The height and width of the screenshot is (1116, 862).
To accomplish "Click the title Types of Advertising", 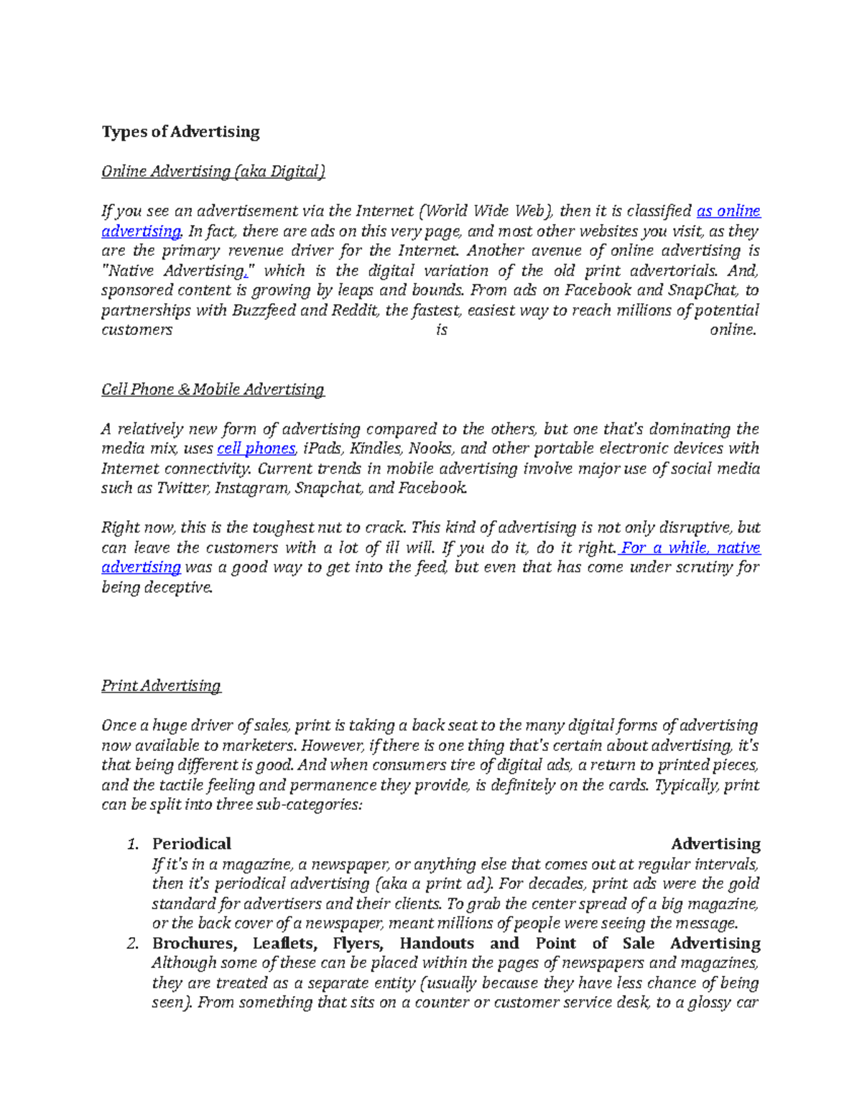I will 180,132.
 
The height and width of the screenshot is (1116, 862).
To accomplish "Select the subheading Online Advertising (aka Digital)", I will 213,172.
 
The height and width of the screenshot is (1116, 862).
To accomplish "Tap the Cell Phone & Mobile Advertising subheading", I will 213,389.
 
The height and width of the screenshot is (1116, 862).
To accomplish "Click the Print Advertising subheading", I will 161,686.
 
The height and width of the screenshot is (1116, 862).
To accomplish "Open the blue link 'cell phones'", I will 256,449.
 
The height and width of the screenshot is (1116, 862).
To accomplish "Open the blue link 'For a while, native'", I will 690,548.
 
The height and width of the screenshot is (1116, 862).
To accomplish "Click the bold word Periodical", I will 191,844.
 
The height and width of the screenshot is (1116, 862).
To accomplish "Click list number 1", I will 131,844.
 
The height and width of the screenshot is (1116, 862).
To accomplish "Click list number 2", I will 131,944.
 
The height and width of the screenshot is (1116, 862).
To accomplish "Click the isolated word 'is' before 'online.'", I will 441,331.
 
